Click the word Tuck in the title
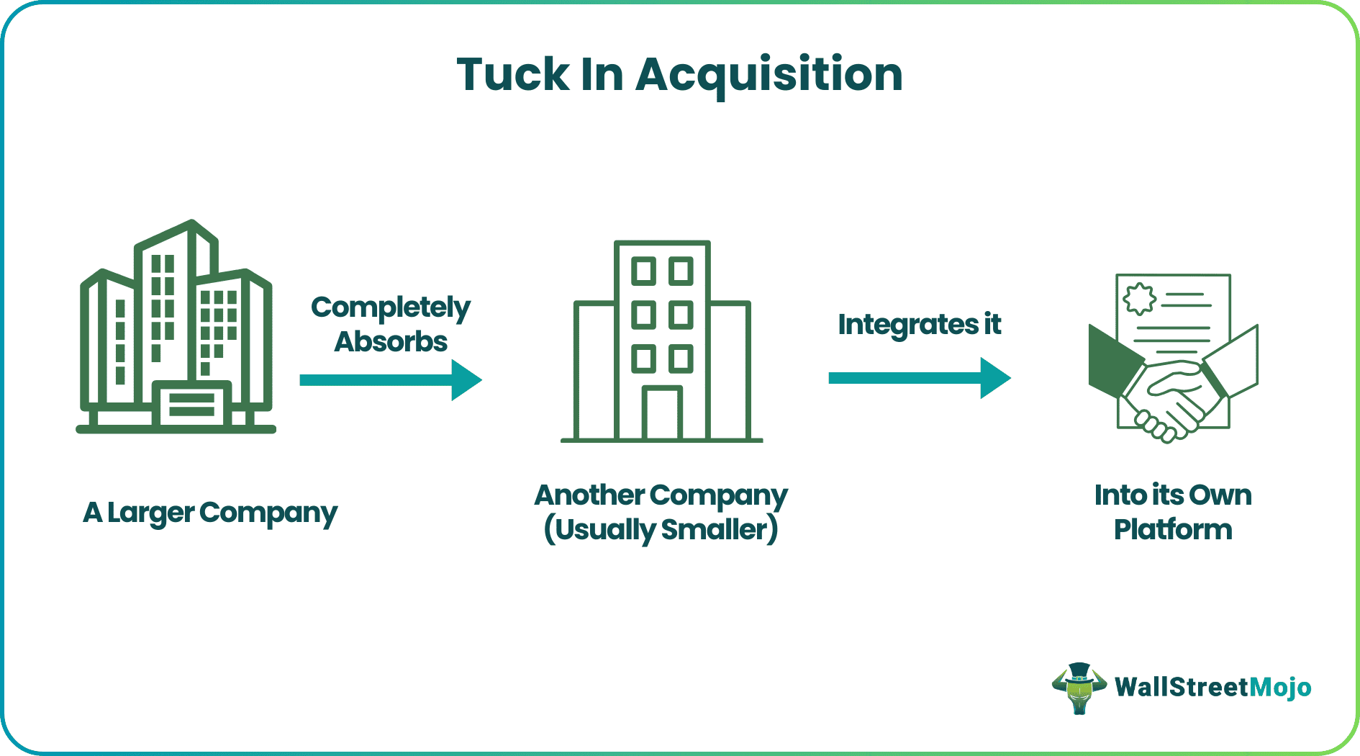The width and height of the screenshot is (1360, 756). coord(512,74)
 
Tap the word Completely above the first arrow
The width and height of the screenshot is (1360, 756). coord(390,307)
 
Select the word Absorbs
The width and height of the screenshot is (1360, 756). coord(390,341)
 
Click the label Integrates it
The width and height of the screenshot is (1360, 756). coord(919,325)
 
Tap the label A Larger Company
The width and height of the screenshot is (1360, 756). coord(209,513)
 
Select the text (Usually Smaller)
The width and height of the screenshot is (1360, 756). coord(661,530)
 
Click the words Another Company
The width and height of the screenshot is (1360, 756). coord(661,495)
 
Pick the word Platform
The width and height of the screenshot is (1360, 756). coord(1172,530)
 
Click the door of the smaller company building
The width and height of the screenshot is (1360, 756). coord(662,414)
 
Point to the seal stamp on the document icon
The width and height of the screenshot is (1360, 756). coord(1139,299)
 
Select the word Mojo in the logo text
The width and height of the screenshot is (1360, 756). coord(1280,687)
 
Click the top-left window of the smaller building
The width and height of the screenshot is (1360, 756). coord(643,271)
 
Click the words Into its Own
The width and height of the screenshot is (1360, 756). coord(1172,495)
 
